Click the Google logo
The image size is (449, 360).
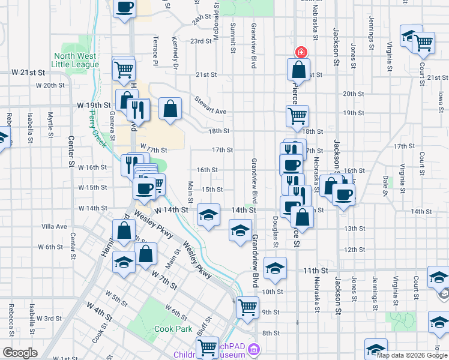coord(20,353)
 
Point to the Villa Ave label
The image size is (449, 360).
coord(54,226)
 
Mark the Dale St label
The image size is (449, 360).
coord(385,182)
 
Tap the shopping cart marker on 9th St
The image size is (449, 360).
coord(247,307)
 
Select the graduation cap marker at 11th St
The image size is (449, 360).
coord(275,268)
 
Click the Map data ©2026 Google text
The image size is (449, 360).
coord(412,355)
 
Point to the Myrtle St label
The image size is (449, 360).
coord(50,123)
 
